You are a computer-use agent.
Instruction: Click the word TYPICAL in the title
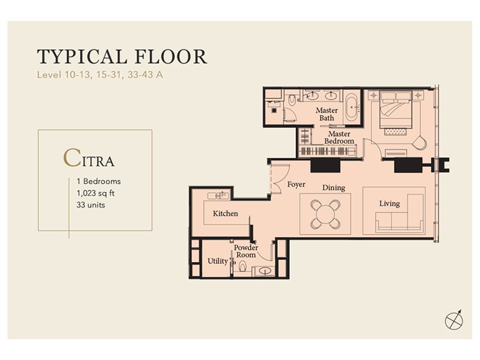click(82, 56)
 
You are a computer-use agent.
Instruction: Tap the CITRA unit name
click(89, 158)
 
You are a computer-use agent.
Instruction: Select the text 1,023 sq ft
click(95, 193)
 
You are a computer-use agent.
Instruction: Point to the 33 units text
click(91, 205)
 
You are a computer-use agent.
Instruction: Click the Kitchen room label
click(226, 214)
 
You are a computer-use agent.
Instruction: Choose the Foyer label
click(296, 184)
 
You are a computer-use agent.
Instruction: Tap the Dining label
click(334, 188)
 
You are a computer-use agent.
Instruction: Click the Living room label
click(389, 203)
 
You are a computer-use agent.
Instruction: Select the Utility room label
click(218, 261)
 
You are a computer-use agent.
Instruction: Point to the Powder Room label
click(246, 251)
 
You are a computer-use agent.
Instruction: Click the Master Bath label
click(326, 114)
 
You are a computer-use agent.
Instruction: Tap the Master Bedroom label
click(339, 137)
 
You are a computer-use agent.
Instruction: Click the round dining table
click(325, 214)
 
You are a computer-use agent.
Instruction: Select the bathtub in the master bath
click(352, 107)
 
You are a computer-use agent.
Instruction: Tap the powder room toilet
click(242, 266)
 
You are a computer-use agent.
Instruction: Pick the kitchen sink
click(218, 196)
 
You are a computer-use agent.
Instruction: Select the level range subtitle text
click(100, 74)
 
